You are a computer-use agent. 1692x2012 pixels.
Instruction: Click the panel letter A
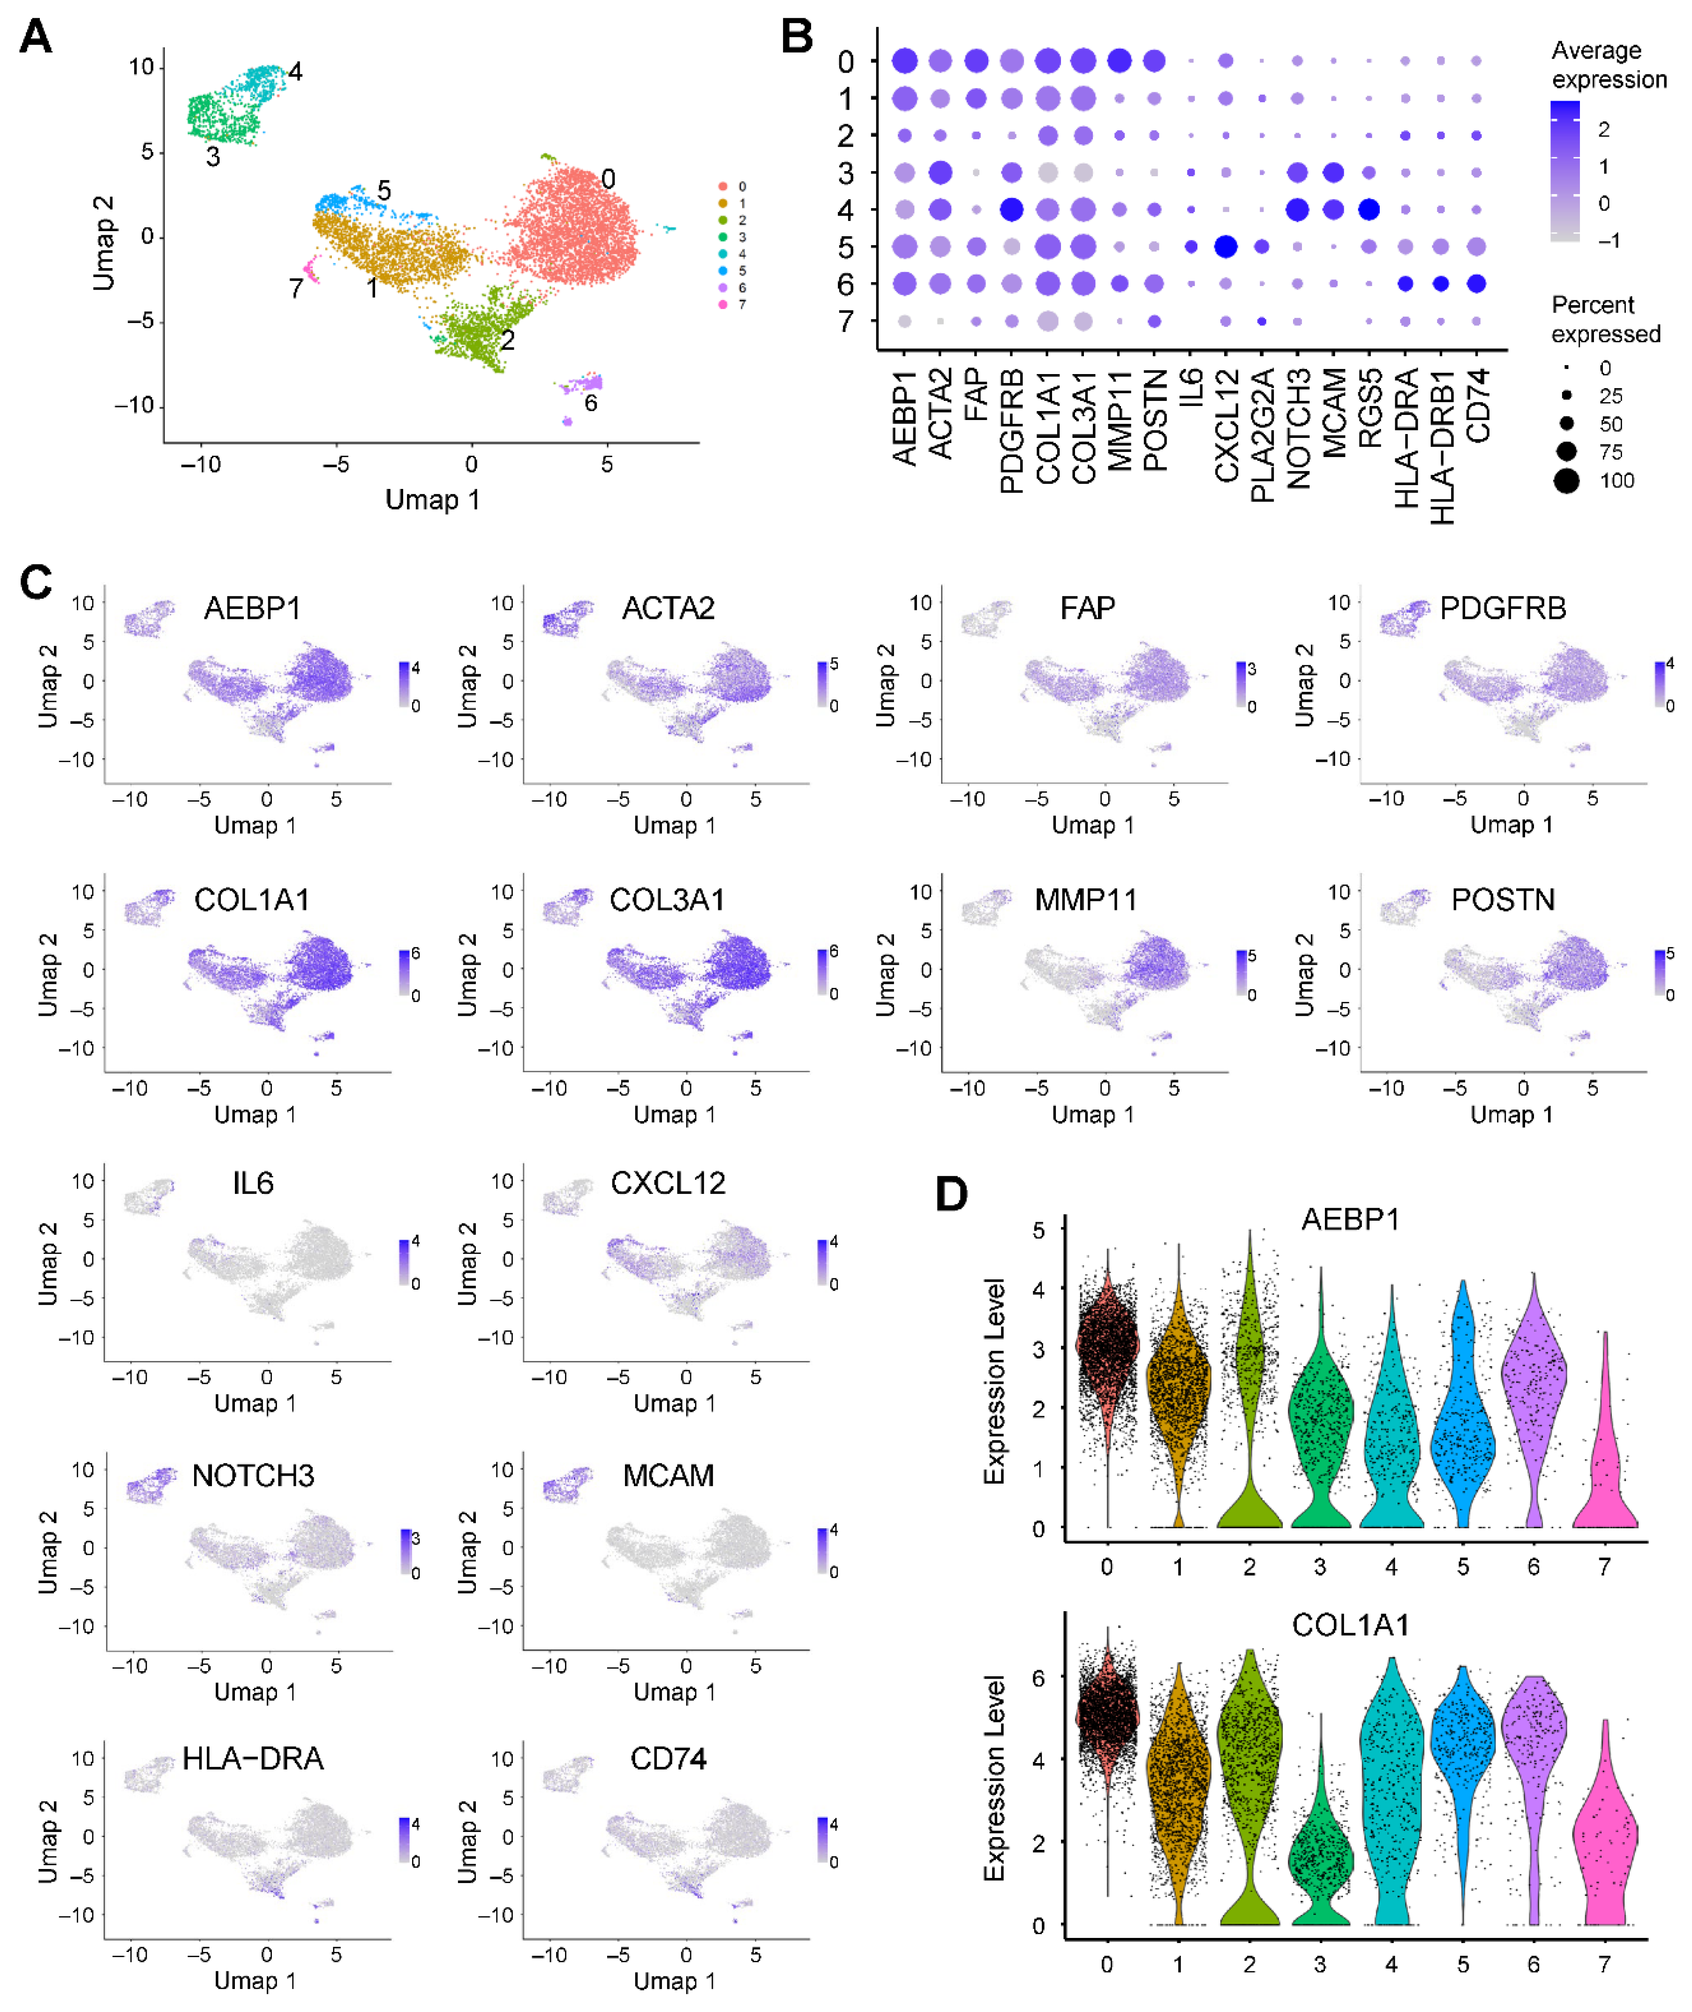point(36,37)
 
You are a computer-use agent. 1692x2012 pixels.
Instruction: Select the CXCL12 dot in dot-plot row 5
point(1225,247)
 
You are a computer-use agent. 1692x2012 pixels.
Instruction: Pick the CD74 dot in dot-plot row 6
point(1476,284)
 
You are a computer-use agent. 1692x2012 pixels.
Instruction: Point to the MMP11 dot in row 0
point(1119,61)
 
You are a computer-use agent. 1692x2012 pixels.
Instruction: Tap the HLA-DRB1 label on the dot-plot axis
point(1442,446)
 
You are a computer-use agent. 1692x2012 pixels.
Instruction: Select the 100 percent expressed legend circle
point(1566,480)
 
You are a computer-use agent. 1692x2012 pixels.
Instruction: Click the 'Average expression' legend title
point(1609,64)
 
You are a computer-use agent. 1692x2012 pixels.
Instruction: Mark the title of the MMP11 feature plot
point(1085,900)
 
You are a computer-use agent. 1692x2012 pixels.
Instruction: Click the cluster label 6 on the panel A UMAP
point(591,403)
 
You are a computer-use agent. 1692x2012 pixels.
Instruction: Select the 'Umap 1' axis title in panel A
point(432,500)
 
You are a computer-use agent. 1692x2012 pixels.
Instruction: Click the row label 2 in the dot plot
point(845,136)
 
